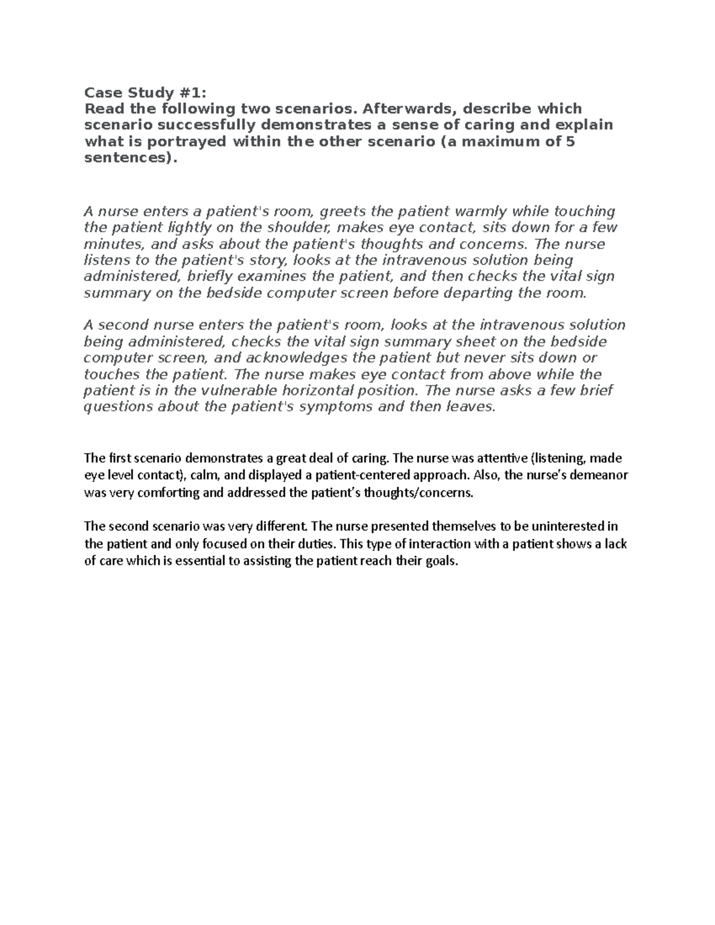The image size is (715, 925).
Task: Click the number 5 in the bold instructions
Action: coord(570,142)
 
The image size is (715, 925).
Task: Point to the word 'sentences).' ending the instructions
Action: coord(131,158)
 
